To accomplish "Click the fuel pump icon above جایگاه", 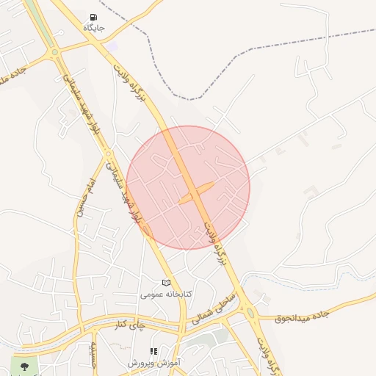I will coord(93,17).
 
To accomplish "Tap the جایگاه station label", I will coord(94,28).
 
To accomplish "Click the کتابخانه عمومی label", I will coord(167,294).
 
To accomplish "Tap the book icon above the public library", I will coord(166,283).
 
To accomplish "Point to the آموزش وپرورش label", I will coord(154,363).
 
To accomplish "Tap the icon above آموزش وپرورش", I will coord(153,352).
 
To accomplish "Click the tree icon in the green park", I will coord(25,366).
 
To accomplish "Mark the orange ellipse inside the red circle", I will coord(196,192).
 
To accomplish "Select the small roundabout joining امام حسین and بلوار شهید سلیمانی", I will coord(108,153).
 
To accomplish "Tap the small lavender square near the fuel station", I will coord(112,46).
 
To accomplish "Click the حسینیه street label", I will coord(93,356).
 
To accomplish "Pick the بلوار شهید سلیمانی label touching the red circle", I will coord(135,206).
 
